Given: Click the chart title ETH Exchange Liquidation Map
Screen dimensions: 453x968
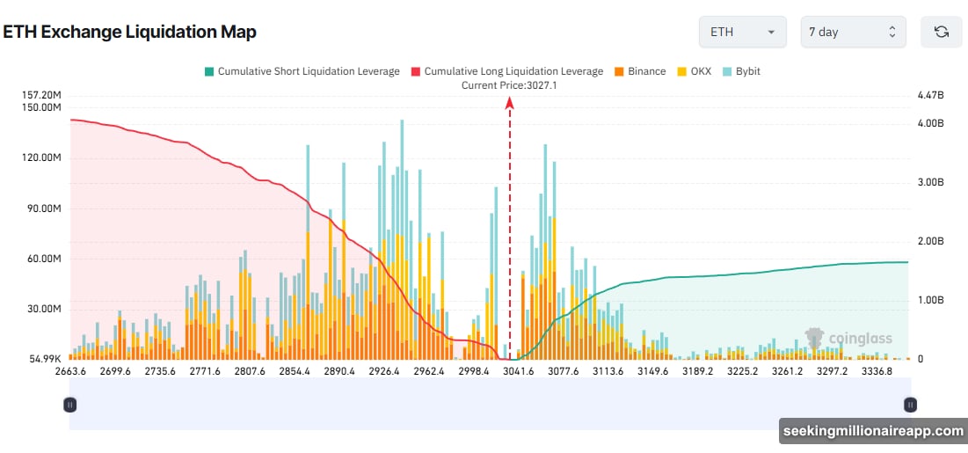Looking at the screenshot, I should (x=129, y=33).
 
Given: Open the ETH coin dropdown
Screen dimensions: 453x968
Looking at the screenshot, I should (x=742, y=32).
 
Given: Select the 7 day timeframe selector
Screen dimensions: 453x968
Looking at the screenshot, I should (x=852, y=32).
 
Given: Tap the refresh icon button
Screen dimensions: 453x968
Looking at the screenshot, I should (x=941, y=32).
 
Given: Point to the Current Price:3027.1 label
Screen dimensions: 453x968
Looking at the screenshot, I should (x=509, y=85).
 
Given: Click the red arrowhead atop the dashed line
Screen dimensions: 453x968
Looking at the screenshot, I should (x=509, y=103).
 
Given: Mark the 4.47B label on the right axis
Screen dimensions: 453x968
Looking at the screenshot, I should (x=929, y=95).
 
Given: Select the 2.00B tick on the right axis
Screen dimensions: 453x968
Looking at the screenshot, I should (x=929, y=241).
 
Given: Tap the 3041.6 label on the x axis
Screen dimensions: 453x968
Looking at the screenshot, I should (x=518, y=371).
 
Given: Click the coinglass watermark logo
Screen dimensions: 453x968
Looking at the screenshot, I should (x=836, y=338).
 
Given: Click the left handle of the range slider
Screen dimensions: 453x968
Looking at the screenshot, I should (x=69, y=405).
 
